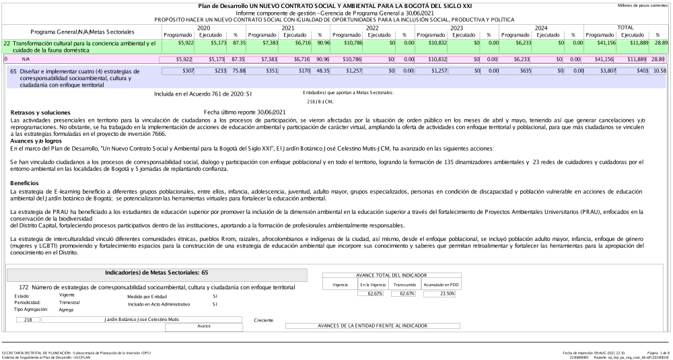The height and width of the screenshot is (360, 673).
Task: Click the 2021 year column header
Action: [287, 28]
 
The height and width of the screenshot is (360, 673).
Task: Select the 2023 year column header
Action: [456, 28]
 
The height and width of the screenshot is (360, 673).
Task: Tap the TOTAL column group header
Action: [627, 28]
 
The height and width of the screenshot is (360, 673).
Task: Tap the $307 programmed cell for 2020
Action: [177, 71]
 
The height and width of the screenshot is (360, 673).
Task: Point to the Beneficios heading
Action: [25, 182]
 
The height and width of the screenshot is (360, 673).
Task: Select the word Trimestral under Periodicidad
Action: [70, 303]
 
